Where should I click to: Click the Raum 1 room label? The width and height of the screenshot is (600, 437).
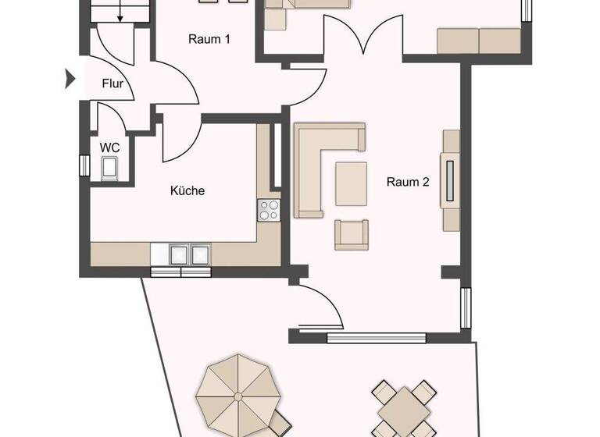point(209,39)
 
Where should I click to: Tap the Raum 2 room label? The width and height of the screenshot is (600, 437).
point(408,183)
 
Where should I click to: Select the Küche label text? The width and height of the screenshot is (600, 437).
point(187,190)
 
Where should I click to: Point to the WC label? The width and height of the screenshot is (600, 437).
point(108,147)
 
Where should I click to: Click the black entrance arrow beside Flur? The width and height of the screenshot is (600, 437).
point(70,78)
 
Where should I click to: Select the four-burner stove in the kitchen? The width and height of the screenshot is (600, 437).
point(269,211)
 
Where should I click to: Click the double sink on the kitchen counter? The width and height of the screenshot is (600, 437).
point(181,254)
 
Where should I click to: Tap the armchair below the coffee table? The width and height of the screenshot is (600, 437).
point(351,234)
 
